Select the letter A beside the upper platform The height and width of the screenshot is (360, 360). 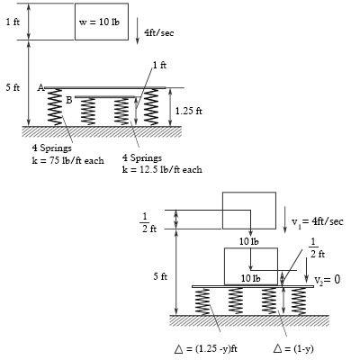pos(41,87)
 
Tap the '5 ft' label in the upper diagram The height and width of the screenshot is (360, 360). pos(12,87)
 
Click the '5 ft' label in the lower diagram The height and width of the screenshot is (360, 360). pos(158,275)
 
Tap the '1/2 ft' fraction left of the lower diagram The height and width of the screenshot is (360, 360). pos(148,221)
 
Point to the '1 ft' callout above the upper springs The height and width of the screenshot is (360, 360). pos(159,65)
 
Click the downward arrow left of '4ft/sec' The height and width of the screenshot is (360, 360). pos(137,32)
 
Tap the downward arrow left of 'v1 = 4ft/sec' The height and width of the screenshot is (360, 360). pos(284,219)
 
